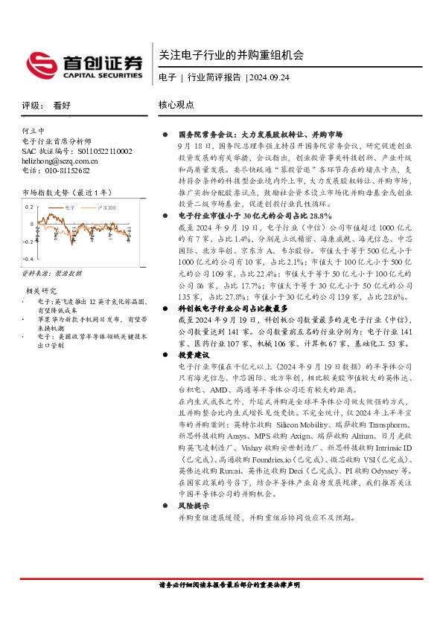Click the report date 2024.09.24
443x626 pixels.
click(270, 77)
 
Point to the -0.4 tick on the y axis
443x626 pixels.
click(28, 258)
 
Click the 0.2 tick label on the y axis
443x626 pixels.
click(30, 207)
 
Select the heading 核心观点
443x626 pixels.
click(177, 106)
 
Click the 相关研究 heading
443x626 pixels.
click(42, 291)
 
